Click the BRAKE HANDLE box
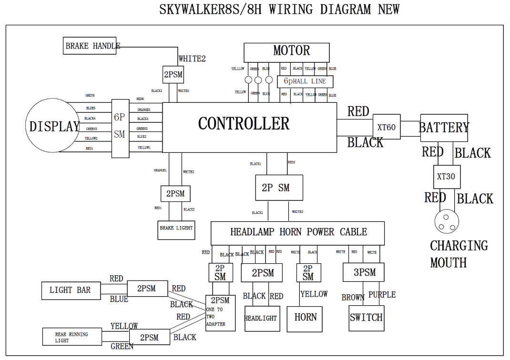(90, 46)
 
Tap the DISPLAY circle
(54, 126)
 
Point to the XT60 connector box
(386, 127)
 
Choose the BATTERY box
(444, 128)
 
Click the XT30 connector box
(446, 177)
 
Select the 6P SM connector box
(120, 128)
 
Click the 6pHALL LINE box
(305, 81)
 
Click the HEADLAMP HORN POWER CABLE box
(298, 233)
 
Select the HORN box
(305, 318)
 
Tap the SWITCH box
(366, 318)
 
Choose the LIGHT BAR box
(70, 290)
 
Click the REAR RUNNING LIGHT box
(71, 337)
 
